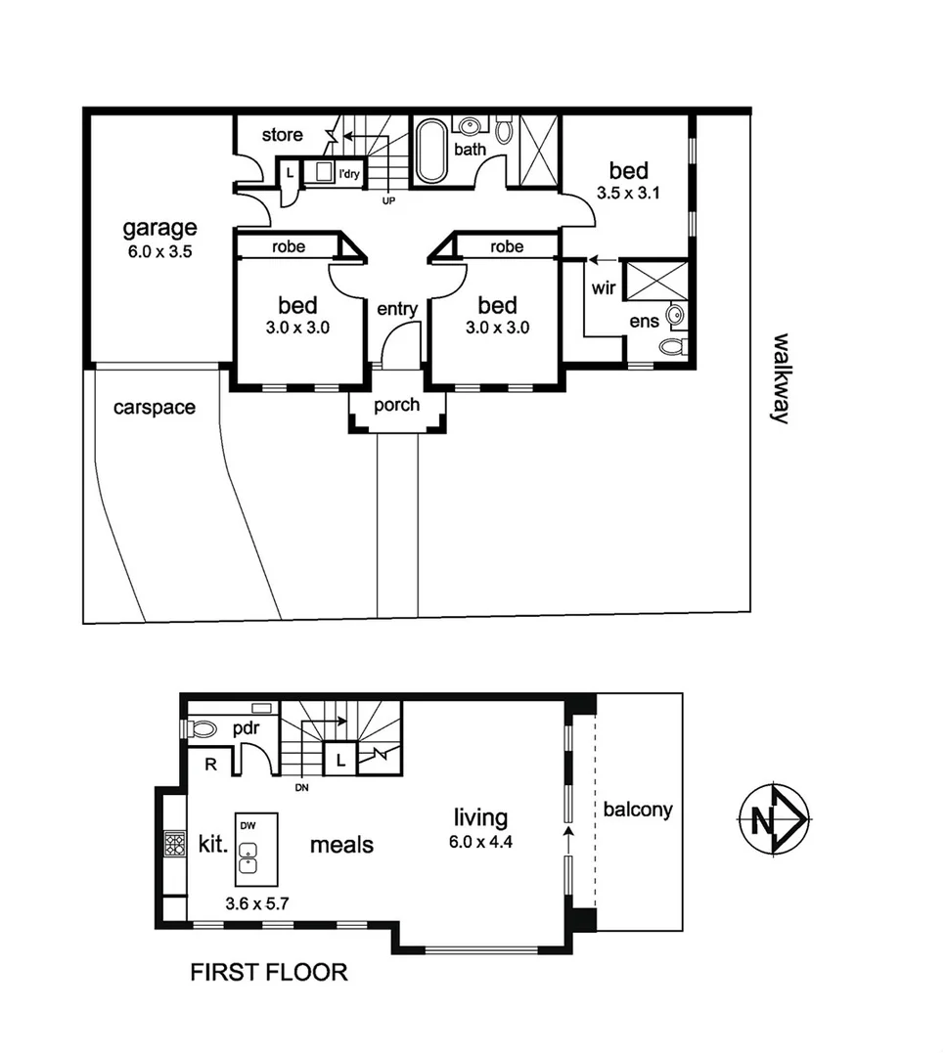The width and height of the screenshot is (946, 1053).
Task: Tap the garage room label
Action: click(x=159, y=229)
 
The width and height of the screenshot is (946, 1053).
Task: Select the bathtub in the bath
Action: click(x=430, y=151)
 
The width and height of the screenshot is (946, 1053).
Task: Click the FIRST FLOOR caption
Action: click(x=268, y=972)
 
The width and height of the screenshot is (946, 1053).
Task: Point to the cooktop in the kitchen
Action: click(x=174, y=844)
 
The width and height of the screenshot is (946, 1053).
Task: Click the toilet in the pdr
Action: click(x=202, y=728)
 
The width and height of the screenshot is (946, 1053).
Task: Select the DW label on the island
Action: click(x=248, y=825)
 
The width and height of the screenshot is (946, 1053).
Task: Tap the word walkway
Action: click(x=780, y=377)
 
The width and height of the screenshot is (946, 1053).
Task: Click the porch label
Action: click(x=397, y=405)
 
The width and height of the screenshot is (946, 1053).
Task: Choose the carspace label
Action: click(x=154, y=407)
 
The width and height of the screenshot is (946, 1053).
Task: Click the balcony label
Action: click(x=637, y=810)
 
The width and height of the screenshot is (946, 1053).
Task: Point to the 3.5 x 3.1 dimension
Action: click(x=628, y=193)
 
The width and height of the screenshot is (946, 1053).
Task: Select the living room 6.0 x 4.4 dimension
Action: click(x=480, y=843)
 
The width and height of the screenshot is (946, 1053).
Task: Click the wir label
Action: click(x=604, y=288)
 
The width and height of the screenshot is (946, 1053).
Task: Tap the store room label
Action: click(x=283, y=135)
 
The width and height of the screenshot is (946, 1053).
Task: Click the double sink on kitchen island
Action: click(x=249, y=856)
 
